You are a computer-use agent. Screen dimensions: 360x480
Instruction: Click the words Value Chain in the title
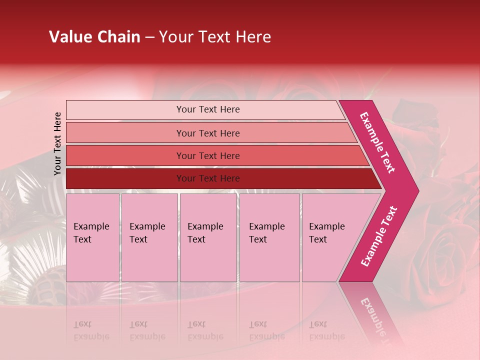94,37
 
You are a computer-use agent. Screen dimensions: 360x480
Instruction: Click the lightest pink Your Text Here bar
208,109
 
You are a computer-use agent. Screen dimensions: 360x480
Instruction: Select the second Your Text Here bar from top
208,133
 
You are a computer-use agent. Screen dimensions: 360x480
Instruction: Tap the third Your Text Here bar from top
208,155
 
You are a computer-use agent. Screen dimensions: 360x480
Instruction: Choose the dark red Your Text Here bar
208,178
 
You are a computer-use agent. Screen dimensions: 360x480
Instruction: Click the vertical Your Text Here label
57,143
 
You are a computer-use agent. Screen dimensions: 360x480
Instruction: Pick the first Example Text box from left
92,237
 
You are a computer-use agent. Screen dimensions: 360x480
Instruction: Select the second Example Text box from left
149,237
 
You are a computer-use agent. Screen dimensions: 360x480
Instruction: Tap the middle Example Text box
208,237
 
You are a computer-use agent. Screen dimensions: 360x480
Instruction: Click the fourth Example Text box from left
269,237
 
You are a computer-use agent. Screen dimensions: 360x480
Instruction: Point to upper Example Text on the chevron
377,142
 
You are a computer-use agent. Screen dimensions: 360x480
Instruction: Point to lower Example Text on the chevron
379,236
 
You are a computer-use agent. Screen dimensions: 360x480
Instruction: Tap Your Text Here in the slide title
215,37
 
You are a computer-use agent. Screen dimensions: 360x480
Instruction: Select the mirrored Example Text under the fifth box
326,330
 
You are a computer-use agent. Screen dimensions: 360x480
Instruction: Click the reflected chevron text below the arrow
372,315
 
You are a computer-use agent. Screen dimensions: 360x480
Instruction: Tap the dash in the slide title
149,37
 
